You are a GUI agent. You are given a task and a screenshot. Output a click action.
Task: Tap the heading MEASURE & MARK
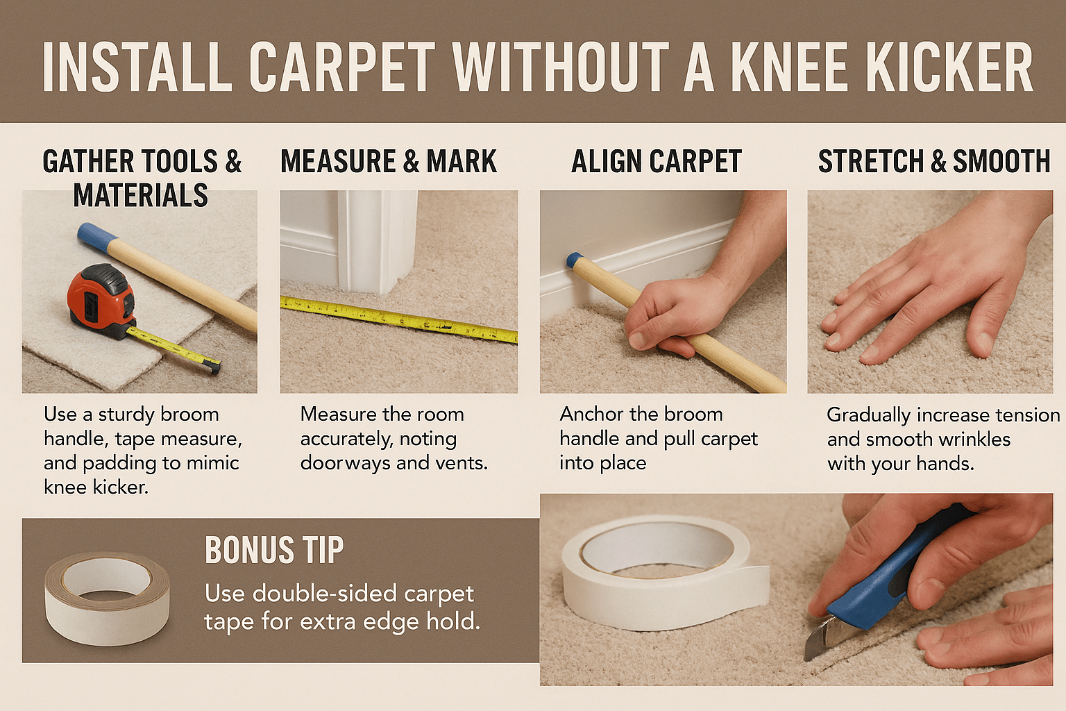coord(389,161)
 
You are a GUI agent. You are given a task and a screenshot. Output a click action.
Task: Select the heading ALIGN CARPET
coord(657,161)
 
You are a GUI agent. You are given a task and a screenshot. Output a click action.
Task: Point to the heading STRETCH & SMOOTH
coord(934,161)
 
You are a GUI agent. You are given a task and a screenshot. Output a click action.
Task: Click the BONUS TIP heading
coord(274,550)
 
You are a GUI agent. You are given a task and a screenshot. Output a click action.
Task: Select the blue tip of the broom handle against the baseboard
coord(575,260)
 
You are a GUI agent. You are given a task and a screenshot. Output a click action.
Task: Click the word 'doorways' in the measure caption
coord(346,463)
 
